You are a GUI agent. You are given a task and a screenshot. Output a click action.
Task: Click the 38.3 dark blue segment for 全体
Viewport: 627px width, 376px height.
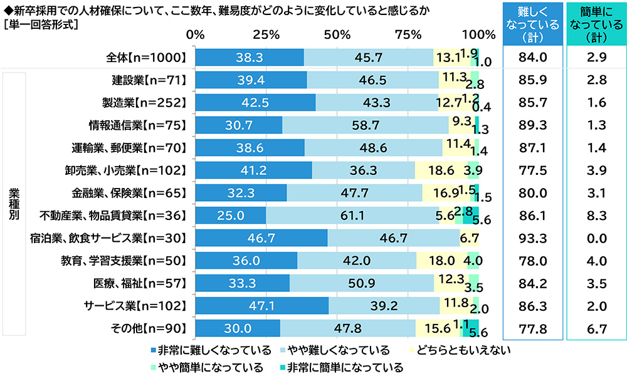[250, 57]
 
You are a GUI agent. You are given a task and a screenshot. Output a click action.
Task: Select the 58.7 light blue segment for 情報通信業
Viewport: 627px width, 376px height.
[365, 125]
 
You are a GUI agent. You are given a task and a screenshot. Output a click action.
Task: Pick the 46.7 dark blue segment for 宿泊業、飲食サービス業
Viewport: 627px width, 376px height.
[261, 238]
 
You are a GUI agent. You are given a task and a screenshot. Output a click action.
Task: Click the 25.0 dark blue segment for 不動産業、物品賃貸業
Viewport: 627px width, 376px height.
[231, 216]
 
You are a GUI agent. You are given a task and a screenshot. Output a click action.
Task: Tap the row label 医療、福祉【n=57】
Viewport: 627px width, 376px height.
[145, 283]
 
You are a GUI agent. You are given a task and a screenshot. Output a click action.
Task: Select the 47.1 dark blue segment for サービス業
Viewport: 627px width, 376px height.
[262, 306]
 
